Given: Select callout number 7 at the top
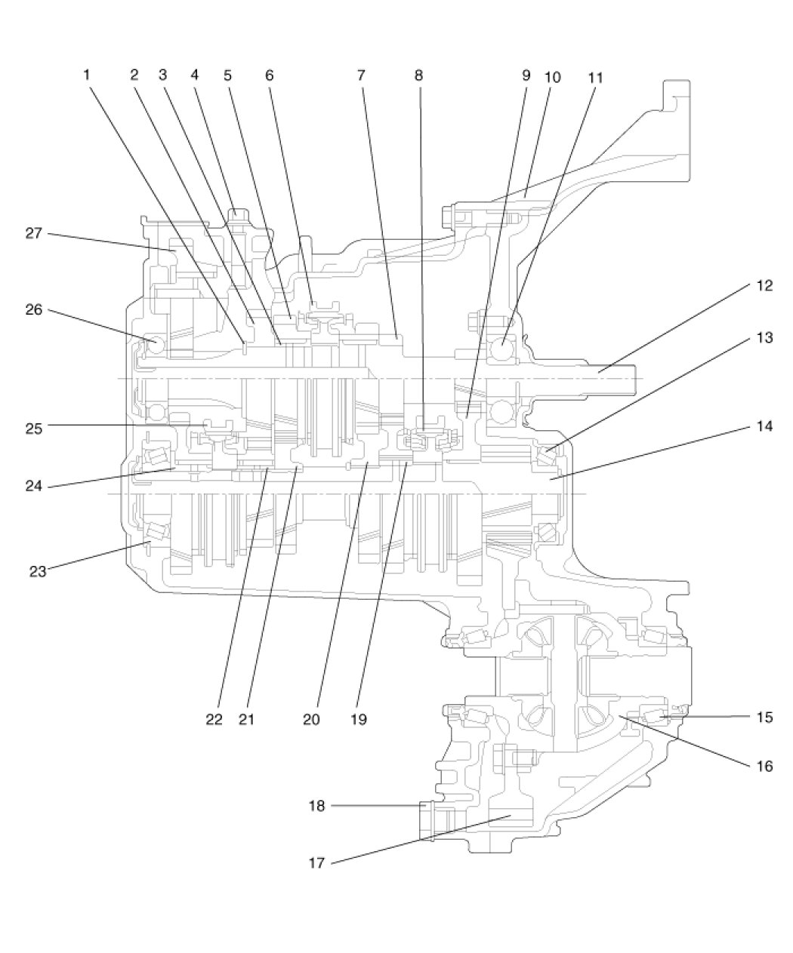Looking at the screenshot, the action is [x=361, y=75].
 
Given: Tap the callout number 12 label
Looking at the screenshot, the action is [x=764, y=286].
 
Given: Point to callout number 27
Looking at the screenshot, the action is [x=33, y=233].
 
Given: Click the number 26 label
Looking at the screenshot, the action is [x=33, y=310].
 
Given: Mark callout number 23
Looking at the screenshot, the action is [x=38, y=571].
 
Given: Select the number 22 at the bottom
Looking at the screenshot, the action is [x=214, y=720].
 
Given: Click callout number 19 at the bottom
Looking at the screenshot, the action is [x=359, y=720].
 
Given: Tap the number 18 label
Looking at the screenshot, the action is [x=316, y=807].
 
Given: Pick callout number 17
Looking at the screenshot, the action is [x=316, y=863].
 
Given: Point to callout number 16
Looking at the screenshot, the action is [x=764, y=767].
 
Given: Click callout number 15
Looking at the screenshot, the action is [x=764, y=718].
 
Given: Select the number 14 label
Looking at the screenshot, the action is [x=764, y=426].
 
